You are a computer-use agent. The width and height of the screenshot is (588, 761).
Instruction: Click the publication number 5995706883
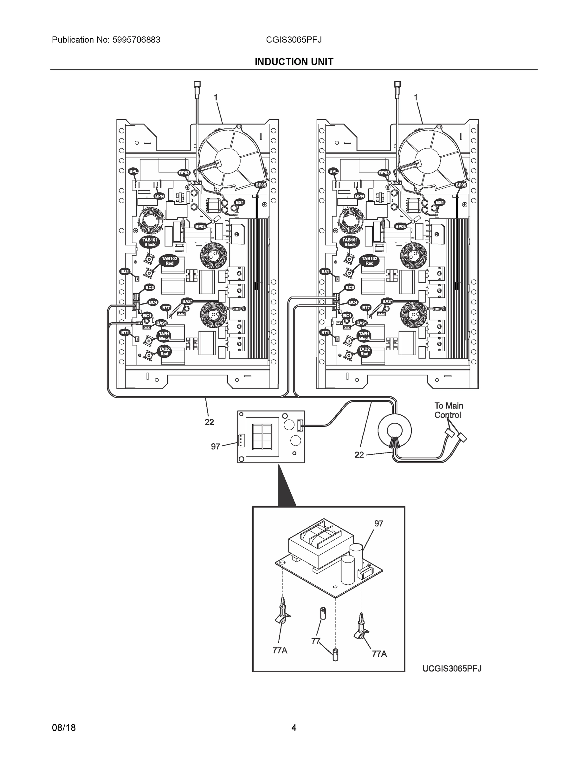click(x=136, y=40)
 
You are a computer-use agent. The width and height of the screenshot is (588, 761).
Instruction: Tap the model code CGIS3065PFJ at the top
click(x=294, y=40)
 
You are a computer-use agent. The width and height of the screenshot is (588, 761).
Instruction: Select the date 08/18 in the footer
click(x=64, y=728)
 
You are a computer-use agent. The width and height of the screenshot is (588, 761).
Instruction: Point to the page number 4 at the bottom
click(x=294, y=728)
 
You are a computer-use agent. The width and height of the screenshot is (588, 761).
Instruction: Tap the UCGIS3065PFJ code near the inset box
click(x=452, y=668)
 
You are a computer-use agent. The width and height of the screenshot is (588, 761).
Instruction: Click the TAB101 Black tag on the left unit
click(x=150, y=242)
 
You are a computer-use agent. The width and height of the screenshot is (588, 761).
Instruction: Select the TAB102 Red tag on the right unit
click(x=369, y=261)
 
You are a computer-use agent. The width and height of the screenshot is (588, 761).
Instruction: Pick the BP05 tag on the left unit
click(x=261, y=185)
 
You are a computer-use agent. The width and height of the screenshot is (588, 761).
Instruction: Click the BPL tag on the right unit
click(x=333, y=172)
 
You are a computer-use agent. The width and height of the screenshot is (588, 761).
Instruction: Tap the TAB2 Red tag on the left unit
click(x=164, y=351)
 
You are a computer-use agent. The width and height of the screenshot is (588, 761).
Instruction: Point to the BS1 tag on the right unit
click(x=440, y=202)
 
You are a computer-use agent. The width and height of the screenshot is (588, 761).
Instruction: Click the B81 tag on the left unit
click(x=125, y=271)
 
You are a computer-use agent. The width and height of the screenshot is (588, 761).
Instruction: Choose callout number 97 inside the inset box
click(x=379, y=524)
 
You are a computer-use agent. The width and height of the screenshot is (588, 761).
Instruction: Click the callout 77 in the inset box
click(x=315, y=641)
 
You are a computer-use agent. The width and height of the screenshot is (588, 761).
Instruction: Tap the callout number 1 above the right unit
click(x=415, y=98)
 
